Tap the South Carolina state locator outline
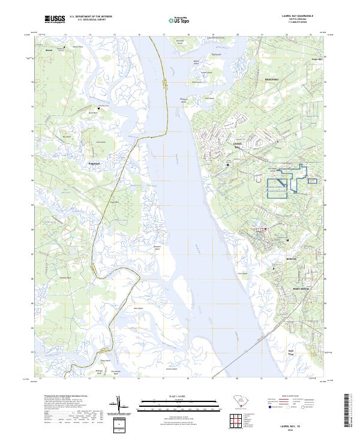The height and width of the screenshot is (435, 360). tap(239, 401)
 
